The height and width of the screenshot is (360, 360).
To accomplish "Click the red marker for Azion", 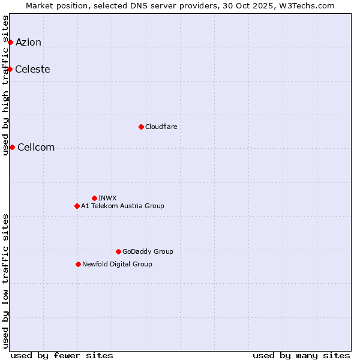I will [x=10, y=42].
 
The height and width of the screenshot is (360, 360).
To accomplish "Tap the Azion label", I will [x=28, y=42].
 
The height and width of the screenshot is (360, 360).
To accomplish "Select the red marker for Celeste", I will [x=10, y=69].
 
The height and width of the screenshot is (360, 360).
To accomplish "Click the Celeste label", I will [x=32, y=69].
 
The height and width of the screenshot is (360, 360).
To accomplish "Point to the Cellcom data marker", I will [x=12, y=147].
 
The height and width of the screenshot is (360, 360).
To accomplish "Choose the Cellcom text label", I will [x=36, y=148].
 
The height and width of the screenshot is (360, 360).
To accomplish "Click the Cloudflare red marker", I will [x=141, y=127].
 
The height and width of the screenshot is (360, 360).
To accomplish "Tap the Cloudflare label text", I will [x=161, y=127].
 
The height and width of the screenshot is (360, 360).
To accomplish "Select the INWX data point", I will [x=94, y=198].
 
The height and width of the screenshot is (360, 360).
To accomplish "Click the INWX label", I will [x=107, y=198].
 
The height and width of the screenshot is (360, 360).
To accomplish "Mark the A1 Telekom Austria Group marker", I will [x=77, y=206].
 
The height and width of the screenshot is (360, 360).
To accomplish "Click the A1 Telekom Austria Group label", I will [x=122, y=206].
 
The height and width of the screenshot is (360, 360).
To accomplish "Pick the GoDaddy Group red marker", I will [x=118, y=251].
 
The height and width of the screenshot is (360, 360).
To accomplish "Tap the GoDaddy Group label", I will [x=148, y=251].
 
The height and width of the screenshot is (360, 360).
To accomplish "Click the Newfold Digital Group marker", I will [x=78, y=264].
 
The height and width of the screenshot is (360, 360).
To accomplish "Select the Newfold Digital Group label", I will [x=117, y=264].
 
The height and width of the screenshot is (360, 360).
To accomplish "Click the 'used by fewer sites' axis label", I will [x=62, y=355].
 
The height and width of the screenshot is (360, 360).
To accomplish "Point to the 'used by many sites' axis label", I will [x=301, y=355].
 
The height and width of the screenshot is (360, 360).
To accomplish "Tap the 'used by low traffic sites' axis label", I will [x=6, y=281].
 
